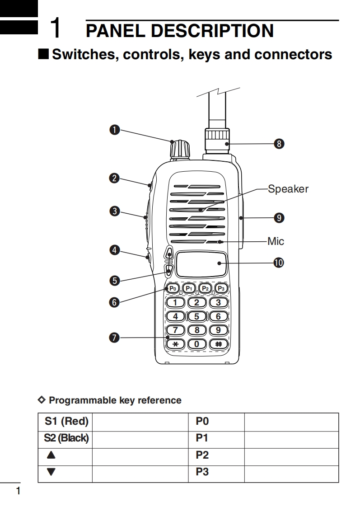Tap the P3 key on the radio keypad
coord(221,288)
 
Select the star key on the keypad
coord(176,344)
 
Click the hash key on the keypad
coord(219,344)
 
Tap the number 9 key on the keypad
coord(219,330)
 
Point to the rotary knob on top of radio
coord(179,149)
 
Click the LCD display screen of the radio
coord(201,263)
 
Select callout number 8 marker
coord(279,144)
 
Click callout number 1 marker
coord(114,130)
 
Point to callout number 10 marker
coord(279,262)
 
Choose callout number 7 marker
coord(114,337)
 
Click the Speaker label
coord(288,189)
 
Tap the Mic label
coord(276,241)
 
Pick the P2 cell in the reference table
coord(202,455)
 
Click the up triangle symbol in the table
coord(51,455)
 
